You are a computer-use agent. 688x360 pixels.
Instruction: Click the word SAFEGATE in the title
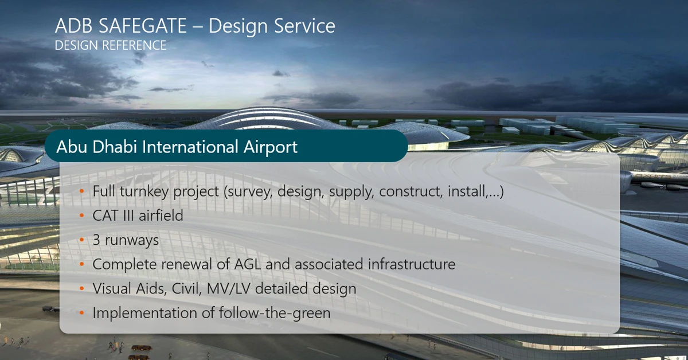[143, 25]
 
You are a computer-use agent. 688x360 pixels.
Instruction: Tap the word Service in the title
[304, 25]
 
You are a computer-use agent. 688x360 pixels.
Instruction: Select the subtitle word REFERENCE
[134, 45]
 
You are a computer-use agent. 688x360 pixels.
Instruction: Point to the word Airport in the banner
[270, 147]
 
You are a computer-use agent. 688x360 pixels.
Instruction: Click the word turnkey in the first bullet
[144, 191]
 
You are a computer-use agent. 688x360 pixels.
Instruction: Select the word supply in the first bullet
[351, 191]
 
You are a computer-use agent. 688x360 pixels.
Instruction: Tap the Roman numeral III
[128, 216]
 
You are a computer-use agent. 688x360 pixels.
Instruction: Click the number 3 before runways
[96, 240]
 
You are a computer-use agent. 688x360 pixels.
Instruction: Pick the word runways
[132, 241]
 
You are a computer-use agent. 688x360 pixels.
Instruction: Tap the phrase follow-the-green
[275, 313]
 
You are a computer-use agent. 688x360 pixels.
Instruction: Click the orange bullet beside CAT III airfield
[81, 216]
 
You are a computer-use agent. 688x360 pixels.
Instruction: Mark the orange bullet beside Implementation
[81, 313]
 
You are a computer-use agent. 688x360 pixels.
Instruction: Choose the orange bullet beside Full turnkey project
[81, 191]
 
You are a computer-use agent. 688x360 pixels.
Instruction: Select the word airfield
[161, 216]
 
